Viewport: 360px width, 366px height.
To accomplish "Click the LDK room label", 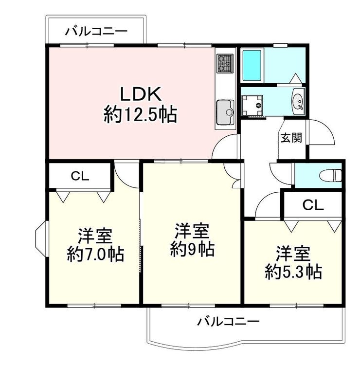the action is coord(141,94).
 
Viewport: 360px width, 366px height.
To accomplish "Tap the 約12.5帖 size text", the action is coord(140,114).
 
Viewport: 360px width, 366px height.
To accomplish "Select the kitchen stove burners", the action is coord(225,63).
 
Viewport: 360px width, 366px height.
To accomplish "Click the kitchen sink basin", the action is coord(225,112).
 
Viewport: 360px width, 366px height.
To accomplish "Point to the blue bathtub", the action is coord(252,65).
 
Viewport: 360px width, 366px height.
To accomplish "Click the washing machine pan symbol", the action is coord(252,105).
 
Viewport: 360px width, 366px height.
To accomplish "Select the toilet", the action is coord(331,175).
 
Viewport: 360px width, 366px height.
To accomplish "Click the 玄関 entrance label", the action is coord(291,138).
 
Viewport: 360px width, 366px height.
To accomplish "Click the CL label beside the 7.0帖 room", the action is coord(80,176).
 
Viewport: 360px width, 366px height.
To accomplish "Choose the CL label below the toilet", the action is coord(313,205).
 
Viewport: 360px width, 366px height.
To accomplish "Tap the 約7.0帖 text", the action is coord(95,254).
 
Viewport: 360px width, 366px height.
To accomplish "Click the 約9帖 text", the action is coord(193,249).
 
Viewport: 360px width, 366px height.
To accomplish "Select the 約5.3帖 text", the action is coord(293,272).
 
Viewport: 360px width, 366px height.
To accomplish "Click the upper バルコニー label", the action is coord(96,31).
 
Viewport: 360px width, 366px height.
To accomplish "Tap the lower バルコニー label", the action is coord(228,322).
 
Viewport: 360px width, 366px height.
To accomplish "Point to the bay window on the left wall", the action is coord(41,239).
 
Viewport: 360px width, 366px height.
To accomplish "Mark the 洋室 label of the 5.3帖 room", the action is coord(293,253).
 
